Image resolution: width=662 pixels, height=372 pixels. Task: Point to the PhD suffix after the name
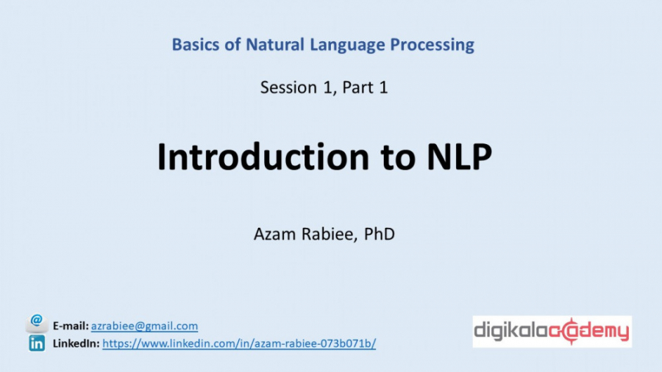(x=380, y=235)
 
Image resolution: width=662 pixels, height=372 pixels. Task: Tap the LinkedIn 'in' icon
(x=36, y=343)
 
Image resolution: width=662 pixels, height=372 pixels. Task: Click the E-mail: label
(x=71, y=326)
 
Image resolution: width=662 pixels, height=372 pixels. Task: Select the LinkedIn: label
(x=76, y=343)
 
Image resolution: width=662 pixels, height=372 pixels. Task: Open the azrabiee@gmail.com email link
(x=144, y=326)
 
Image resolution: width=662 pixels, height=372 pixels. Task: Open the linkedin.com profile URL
(x=239, y=343)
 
